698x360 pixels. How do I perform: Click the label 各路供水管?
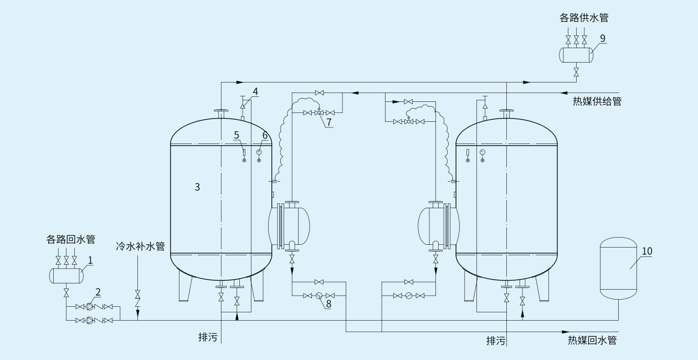pyautogui.click(x=583, y=18)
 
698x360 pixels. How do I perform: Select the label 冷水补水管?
pyautogui.click(x=140, y=246)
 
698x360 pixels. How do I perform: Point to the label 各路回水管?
pyautogui.click(x=70, y=240)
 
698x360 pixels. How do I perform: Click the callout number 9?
pyautogui.click(x=603, y=38)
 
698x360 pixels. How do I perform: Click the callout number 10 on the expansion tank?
pyautogui.click(x=647, y=251)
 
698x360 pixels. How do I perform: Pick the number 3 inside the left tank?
pyautogui.click(x=197, y=187)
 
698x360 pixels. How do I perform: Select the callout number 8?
pyautogui.click(x=328, y=304)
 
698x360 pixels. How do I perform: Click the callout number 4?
pyautogui.click(x=255, y=91)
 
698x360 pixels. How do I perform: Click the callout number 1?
pyautogui.click(x=90, y=259)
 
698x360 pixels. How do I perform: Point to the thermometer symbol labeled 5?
pyautogui.click(x=244, y=153)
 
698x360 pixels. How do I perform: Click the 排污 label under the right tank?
pyautogui.click(x=496, y=341)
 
